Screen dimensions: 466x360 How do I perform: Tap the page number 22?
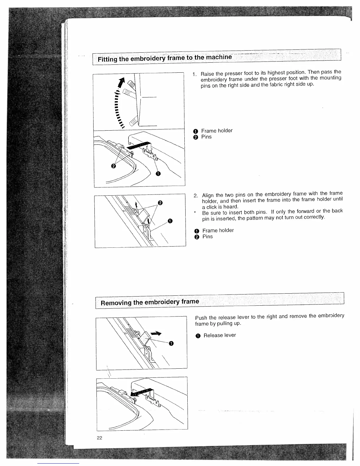[99, 438]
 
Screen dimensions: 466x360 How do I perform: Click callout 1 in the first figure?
[158, 174]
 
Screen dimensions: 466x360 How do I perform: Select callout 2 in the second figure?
[160, 203]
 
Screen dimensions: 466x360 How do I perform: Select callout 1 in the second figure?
[170, 221]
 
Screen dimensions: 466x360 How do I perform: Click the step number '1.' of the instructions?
[195, 74]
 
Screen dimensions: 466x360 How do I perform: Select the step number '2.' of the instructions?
[196, 195]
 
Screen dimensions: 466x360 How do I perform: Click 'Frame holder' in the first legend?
[217, 131]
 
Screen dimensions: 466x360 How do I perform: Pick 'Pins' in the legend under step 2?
[207, 237]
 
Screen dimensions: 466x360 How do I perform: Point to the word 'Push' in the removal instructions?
[201, 318]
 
